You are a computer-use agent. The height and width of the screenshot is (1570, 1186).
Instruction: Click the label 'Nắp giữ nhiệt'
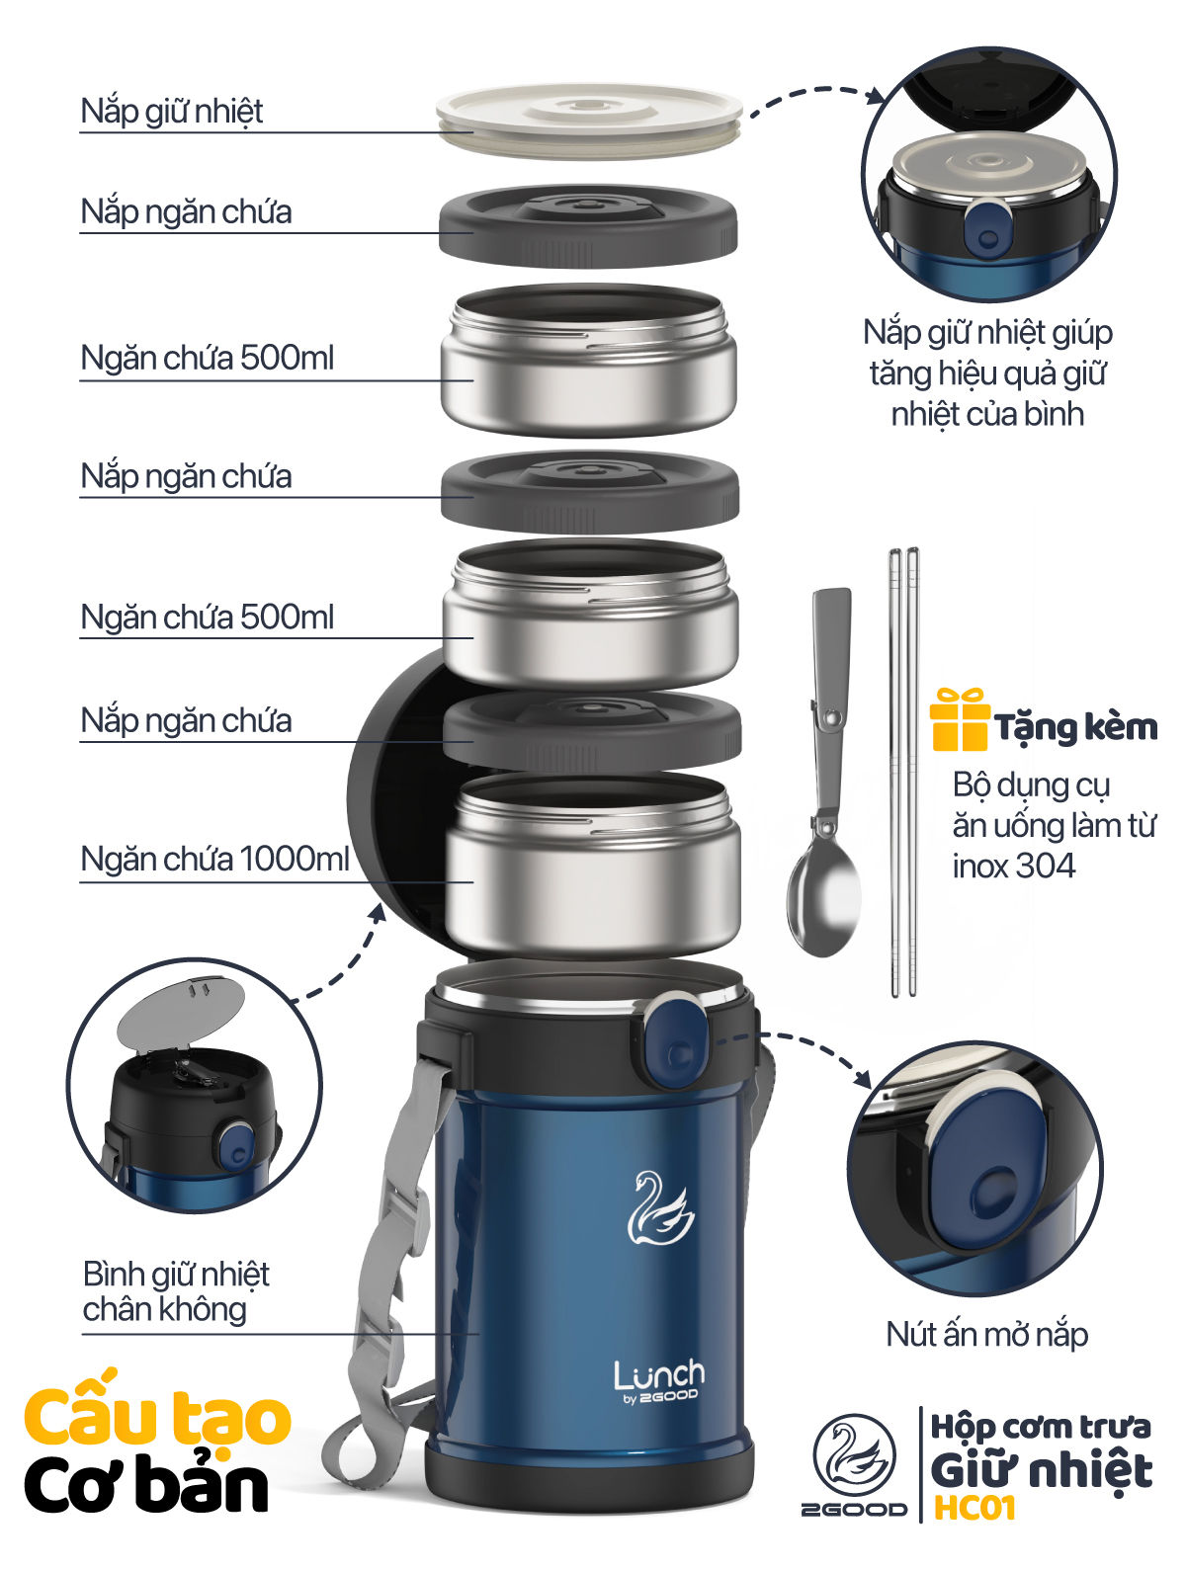click(x=172, y=112)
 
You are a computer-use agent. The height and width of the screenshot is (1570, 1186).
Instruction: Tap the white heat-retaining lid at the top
click(x=589, y=121)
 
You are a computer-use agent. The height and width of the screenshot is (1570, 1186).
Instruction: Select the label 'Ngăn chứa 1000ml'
click(x=214, y=859)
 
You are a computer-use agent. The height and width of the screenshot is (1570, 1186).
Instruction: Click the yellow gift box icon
click(x=960, y=719)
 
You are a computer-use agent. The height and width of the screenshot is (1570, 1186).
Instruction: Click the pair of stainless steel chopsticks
click(x=903, y=772)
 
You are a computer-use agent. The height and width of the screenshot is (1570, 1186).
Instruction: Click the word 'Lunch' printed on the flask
click(x=659, y=1374)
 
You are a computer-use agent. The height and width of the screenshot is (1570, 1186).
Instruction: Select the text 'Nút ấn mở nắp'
click(x=987, y=1335)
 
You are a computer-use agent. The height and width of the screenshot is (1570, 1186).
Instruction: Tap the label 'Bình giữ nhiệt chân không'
click(x=175, y=1291)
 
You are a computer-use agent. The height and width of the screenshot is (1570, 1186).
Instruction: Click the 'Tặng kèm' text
click(x=1076, y=728)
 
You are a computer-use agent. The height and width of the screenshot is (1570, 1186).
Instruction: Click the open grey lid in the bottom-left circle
click(x=181, y=1015)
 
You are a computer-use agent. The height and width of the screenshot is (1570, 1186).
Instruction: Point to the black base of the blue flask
click(x=589, y=1478)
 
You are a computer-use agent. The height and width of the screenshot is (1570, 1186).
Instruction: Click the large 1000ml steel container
click(x=592, y=864)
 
